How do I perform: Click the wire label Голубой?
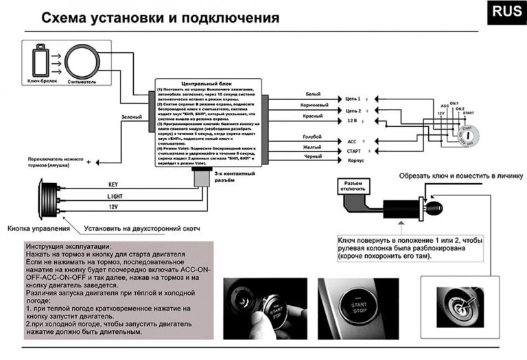click(x=312, y=136)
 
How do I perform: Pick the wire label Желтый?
click(x=312, y=146)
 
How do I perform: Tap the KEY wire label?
click(x=113, y=184)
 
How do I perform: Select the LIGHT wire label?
click(x=114, y=195)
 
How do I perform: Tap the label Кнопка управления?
click(x=38, y=228)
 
